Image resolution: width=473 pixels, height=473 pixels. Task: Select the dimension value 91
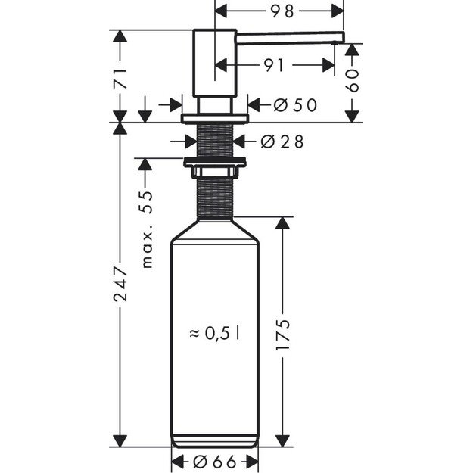(275, 66)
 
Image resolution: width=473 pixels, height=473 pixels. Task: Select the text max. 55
(147, 229)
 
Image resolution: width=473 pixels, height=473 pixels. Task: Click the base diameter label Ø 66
(215, 461)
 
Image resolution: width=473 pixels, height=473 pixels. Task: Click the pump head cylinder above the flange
(215, 64)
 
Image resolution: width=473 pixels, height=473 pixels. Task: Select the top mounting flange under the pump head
(215, 118)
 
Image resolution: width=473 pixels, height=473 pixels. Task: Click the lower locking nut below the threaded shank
(215, 160)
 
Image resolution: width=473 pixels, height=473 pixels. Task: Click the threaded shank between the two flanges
(215, 139)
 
